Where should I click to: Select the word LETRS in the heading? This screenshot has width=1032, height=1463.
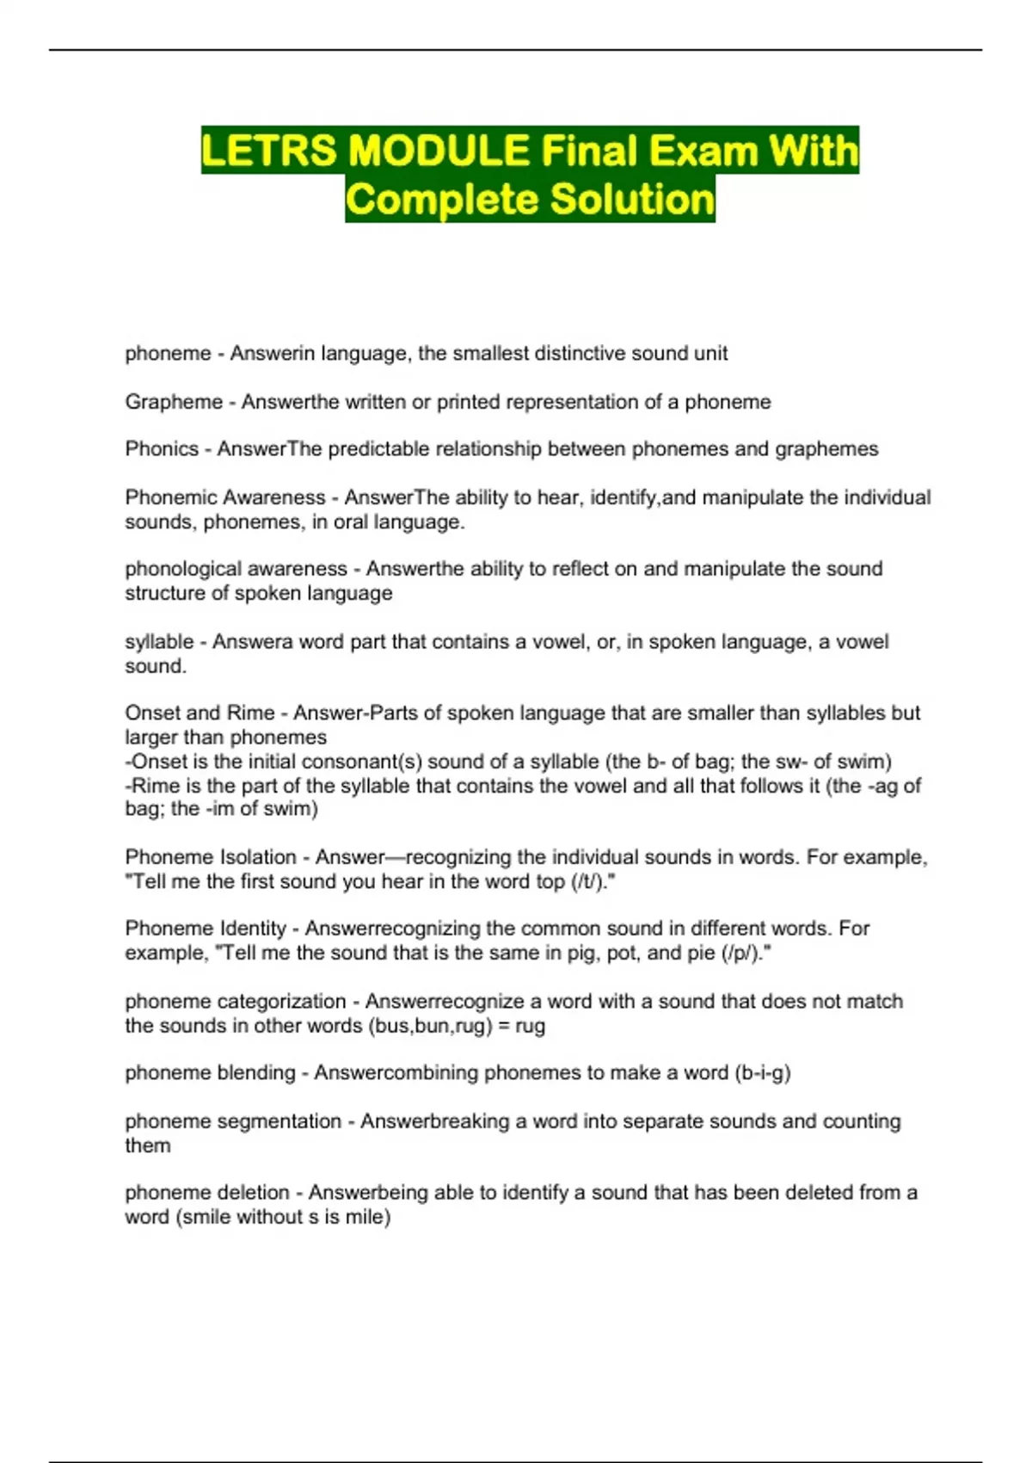tap(270, 151)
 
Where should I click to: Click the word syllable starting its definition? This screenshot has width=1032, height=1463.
tap(159, 642)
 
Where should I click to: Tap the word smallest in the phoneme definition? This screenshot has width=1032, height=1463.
tap(491, 354)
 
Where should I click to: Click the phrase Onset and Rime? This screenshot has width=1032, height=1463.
tap(200, 713)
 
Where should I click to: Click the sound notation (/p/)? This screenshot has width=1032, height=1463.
tap(746, 954)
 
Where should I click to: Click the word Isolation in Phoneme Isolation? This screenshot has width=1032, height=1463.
tap(258, 858)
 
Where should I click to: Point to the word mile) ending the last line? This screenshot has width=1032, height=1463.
tap(367, 1218)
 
